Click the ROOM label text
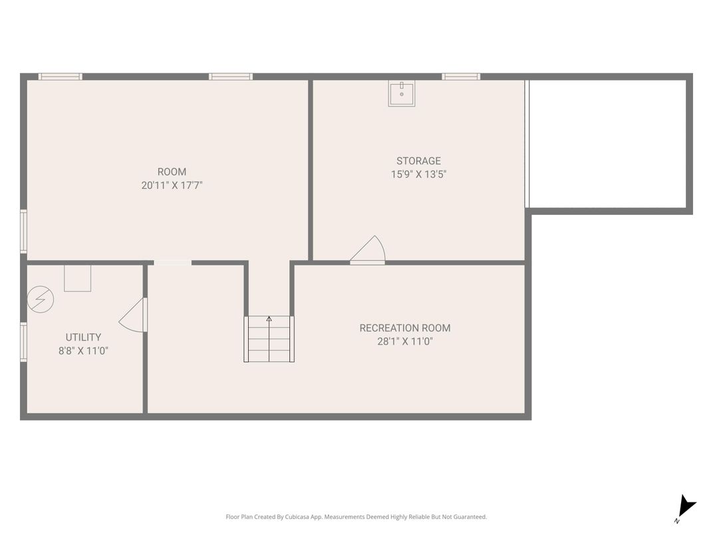[172, 172]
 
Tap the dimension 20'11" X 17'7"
[172, 185]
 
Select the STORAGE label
[418, 161]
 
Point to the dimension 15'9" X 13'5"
[418, 174]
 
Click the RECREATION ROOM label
[404, 328]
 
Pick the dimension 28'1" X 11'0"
[404, 341]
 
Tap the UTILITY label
[83, 337]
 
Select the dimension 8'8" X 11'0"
[83, 351]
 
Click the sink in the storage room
[402, 93]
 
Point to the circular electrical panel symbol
[41, 299]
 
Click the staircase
[269, 339]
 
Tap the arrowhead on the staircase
[269, 319]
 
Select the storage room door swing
[368, 250]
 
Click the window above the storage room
[461, 77]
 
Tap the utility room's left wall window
[24, 342]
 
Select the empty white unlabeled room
[608, 144]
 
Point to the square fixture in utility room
[77, 278]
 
